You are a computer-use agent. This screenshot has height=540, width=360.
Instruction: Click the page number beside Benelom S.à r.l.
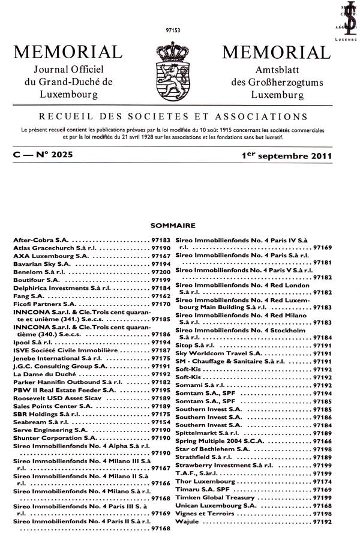pos(161,271)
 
